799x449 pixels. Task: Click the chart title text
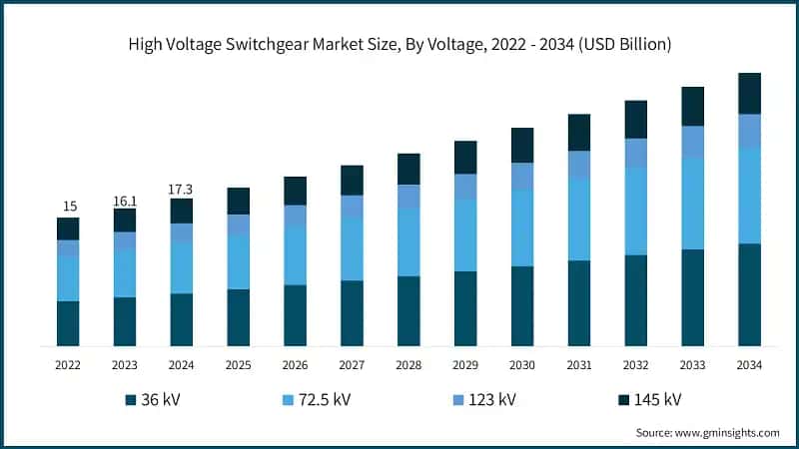tap(399, 44)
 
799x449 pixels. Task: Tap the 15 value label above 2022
tap(69, 207)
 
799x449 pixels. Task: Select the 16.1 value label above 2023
tap(125, 200)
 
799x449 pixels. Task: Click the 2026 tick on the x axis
tap(295, 366)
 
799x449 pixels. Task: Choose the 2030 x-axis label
tap(522, 366)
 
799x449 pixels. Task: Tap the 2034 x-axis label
tap(749, 366)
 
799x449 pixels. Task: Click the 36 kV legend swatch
tap(131, 400)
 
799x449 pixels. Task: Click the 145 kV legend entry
tap(648, 400)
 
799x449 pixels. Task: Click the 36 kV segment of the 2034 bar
tap(749, 295)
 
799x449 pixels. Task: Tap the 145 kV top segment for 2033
tap(693, 106)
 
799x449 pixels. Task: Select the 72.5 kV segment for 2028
tap(408, 242)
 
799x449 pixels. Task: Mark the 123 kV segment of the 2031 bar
tap(579, 165)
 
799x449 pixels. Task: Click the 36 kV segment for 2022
tap(68, 323)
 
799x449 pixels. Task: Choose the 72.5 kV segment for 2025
tap(238, 262)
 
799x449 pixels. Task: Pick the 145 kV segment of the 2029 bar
tap(465, 157)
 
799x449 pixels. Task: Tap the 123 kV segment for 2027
tap(352, 206)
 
